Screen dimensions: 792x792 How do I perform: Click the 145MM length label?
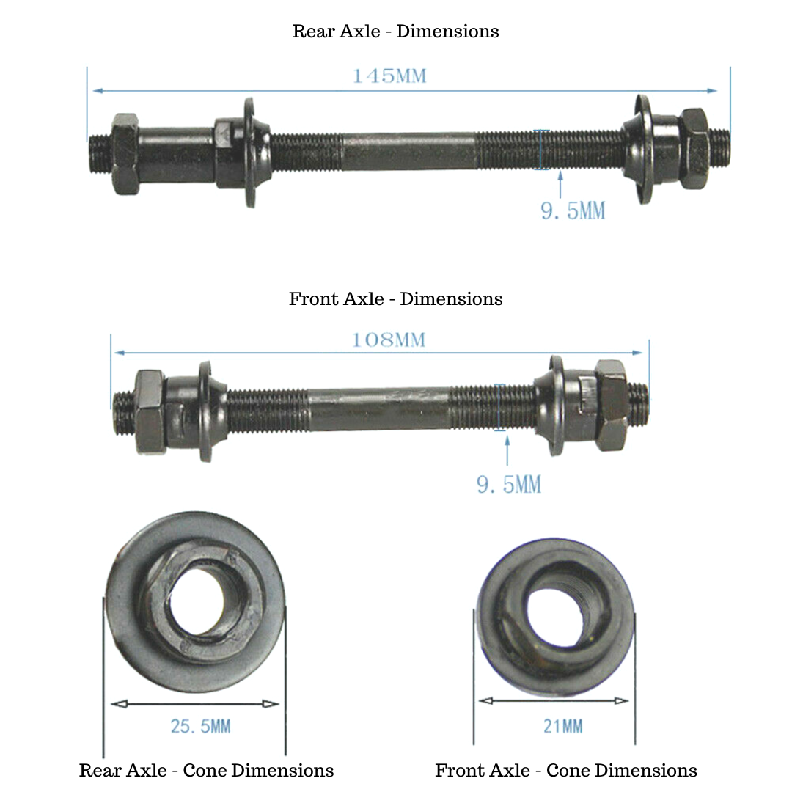(389, 76)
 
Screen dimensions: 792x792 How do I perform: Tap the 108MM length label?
(389, 340)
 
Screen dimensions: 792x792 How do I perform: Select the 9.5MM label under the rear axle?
(573, 211)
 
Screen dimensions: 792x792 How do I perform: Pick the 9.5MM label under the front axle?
(509, 485)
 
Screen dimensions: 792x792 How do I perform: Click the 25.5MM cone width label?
(200, 726)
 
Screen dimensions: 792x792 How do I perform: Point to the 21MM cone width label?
(562, 726)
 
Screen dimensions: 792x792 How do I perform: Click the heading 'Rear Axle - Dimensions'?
(395, 32)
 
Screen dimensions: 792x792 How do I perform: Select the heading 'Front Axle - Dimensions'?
(395, 299)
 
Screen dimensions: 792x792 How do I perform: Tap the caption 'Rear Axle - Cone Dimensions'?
(206, 771)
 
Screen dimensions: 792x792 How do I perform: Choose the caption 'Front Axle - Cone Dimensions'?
(565, 771)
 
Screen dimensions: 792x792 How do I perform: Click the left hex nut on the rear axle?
(125, 154)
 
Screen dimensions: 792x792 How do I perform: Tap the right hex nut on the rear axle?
(693, 148)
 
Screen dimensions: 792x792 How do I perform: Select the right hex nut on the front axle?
(610, 406)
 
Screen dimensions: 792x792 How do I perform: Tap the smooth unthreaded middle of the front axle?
(378, 408)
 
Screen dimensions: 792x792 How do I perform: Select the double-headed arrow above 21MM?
(554, 701)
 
